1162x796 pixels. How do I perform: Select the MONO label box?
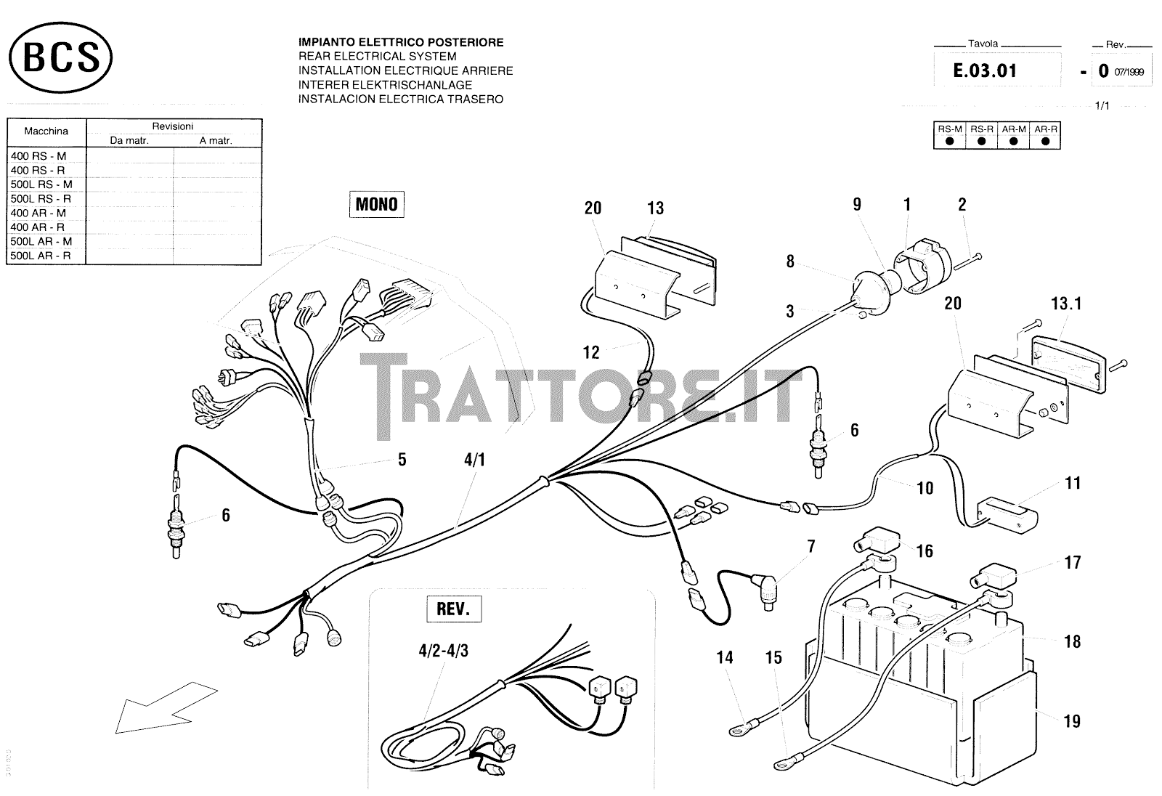[x=376, y=204]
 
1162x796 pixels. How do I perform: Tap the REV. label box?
[x=454, y=609]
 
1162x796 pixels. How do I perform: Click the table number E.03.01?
[x=985, y=70]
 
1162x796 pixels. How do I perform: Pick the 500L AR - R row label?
[x=41, y=256]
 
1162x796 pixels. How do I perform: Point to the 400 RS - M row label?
[x=38, y=156]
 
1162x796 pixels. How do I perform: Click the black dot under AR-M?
[x=1013, y=141]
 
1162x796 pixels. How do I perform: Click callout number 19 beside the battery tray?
[x=1072, y=721]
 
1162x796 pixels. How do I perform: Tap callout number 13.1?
[x=1066, y=303]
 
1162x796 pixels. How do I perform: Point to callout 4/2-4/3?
[x=443, y=651]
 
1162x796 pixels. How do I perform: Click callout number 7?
[x=811, y=546]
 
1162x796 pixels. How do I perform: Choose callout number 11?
[x=1073, y=483]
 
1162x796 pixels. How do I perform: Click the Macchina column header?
[x=46, y=131]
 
